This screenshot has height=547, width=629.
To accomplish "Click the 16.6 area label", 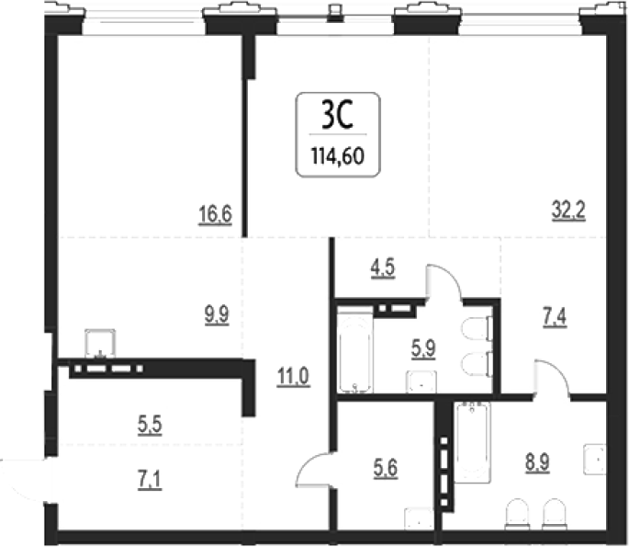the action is [216, 214].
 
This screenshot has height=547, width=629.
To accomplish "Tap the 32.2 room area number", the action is [568, 211].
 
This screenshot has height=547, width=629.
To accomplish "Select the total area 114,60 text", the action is [338, 156].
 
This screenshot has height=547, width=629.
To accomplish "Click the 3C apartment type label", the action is [337, 115].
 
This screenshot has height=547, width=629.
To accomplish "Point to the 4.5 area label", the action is [383, 268].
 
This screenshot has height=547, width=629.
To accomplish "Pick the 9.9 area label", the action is [217, 314].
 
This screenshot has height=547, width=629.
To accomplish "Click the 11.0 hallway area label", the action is [293, 377].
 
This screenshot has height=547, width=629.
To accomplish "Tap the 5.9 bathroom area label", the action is [423, 348].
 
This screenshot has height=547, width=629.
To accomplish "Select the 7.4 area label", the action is [555, 318].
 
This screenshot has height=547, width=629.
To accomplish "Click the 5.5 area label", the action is [150, 425].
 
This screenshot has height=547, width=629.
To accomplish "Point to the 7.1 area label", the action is [150, 480].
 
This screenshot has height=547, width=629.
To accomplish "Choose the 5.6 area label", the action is [386, 469].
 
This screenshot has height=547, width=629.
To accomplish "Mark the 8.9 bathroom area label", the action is [537, 462].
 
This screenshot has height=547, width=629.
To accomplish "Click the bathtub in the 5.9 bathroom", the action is [354, 349].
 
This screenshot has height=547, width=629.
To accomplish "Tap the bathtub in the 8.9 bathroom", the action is [472, 442].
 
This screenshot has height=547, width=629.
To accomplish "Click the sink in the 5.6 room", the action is [419, 519].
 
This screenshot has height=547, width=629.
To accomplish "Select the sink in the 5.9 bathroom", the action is [421, 382].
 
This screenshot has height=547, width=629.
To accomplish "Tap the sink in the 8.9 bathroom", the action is [595, 460].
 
